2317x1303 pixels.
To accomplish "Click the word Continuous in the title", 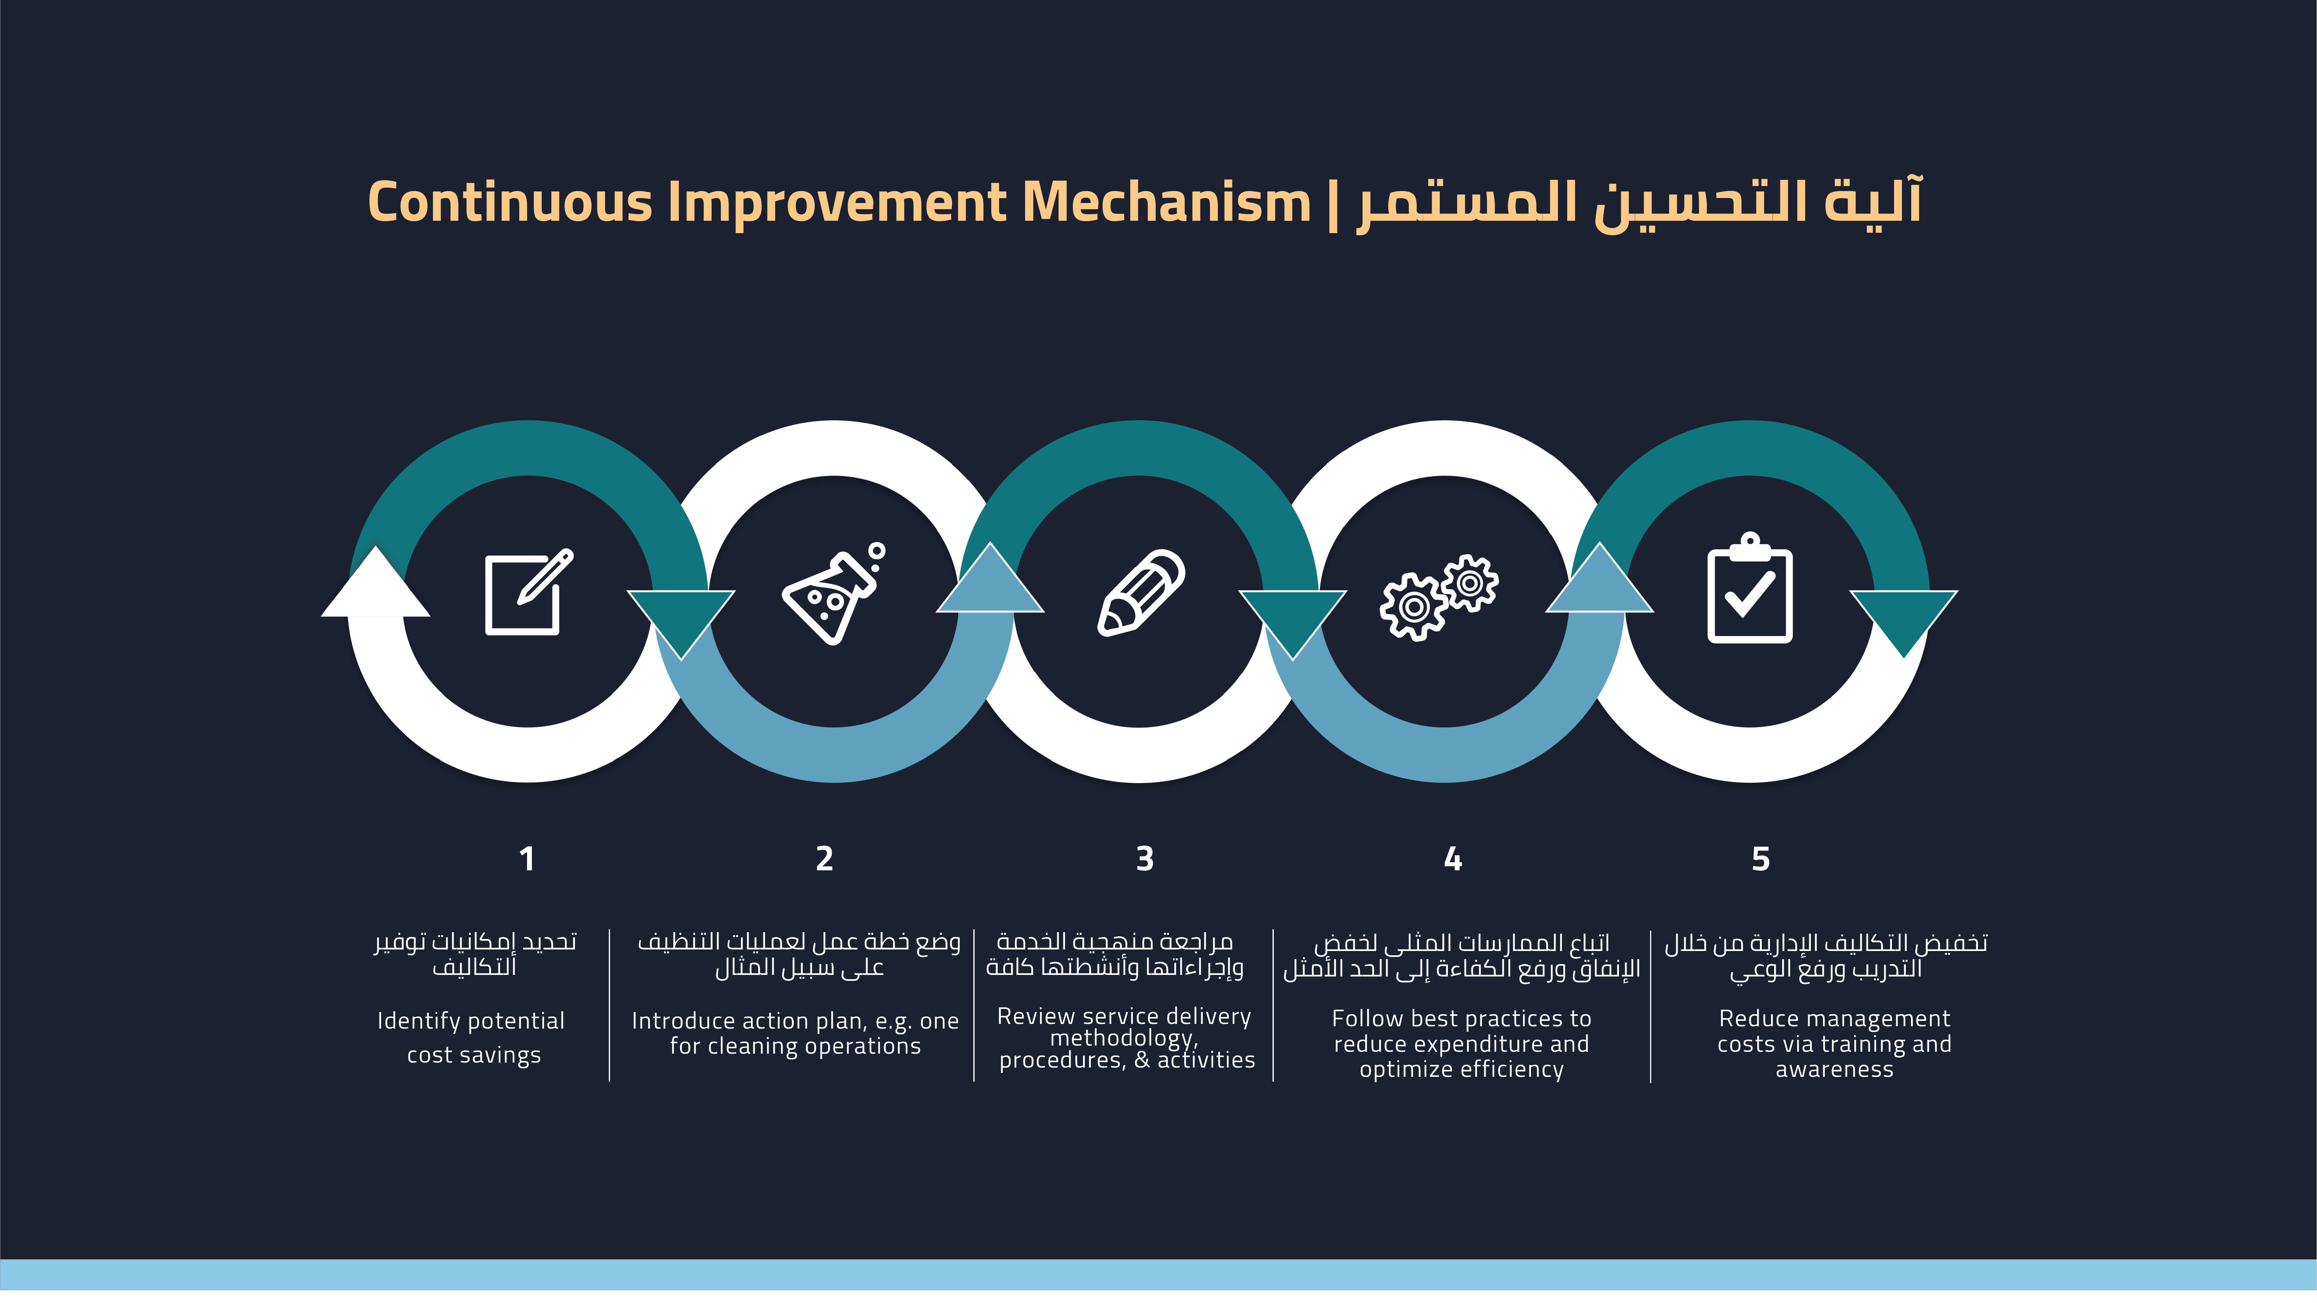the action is tap(510, 201).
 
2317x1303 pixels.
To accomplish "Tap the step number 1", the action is tap(527, 859).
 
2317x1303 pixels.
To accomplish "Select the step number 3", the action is tap(1144, 859).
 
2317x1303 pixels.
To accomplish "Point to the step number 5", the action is tap(1760, 859).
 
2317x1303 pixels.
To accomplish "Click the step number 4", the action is tap(1453, 859).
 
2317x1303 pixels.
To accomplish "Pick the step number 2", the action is tap(824, 859).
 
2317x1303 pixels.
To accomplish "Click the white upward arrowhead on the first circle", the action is tap(376, 584).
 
